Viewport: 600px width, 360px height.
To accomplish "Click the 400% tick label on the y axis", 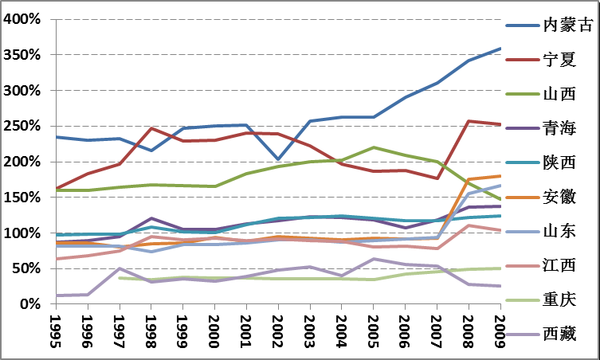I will [22, 19].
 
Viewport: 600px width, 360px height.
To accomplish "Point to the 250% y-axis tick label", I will [22, 126].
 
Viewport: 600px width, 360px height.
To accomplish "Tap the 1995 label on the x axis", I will [55, 332].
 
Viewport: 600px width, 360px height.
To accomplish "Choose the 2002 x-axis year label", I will [278, 332].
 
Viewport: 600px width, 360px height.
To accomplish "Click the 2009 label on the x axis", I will [500, 332].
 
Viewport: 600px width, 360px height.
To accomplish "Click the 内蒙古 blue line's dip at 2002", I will [278, 159].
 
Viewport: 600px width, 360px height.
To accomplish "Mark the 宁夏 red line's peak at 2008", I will [469, 121].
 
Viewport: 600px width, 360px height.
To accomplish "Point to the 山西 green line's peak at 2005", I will [373, 147].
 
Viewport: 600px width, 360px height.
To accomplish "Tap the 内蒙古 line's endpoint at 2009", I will [500, 49].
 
